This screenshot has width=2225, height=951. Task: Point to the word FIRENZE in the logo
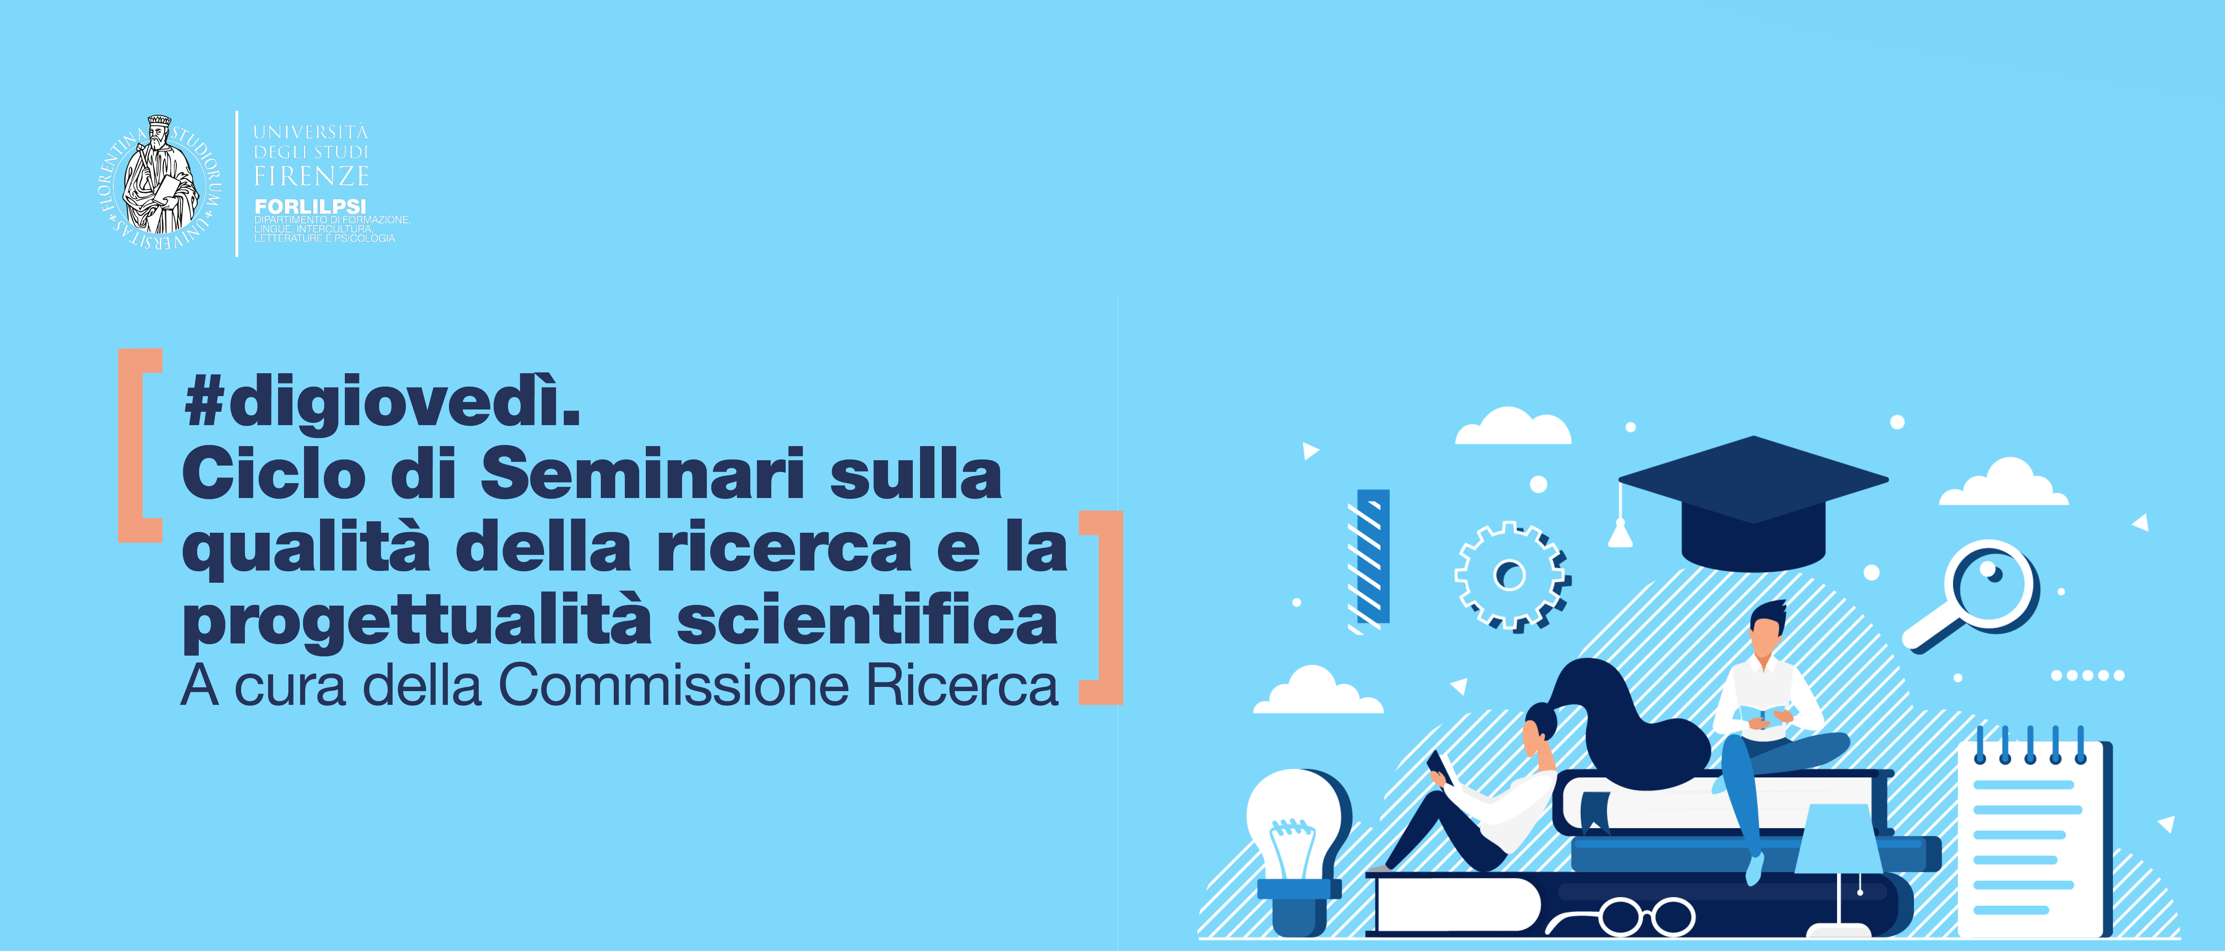point(311,176)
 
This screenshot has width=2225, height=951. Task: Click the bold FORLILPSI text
point(310,206)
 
